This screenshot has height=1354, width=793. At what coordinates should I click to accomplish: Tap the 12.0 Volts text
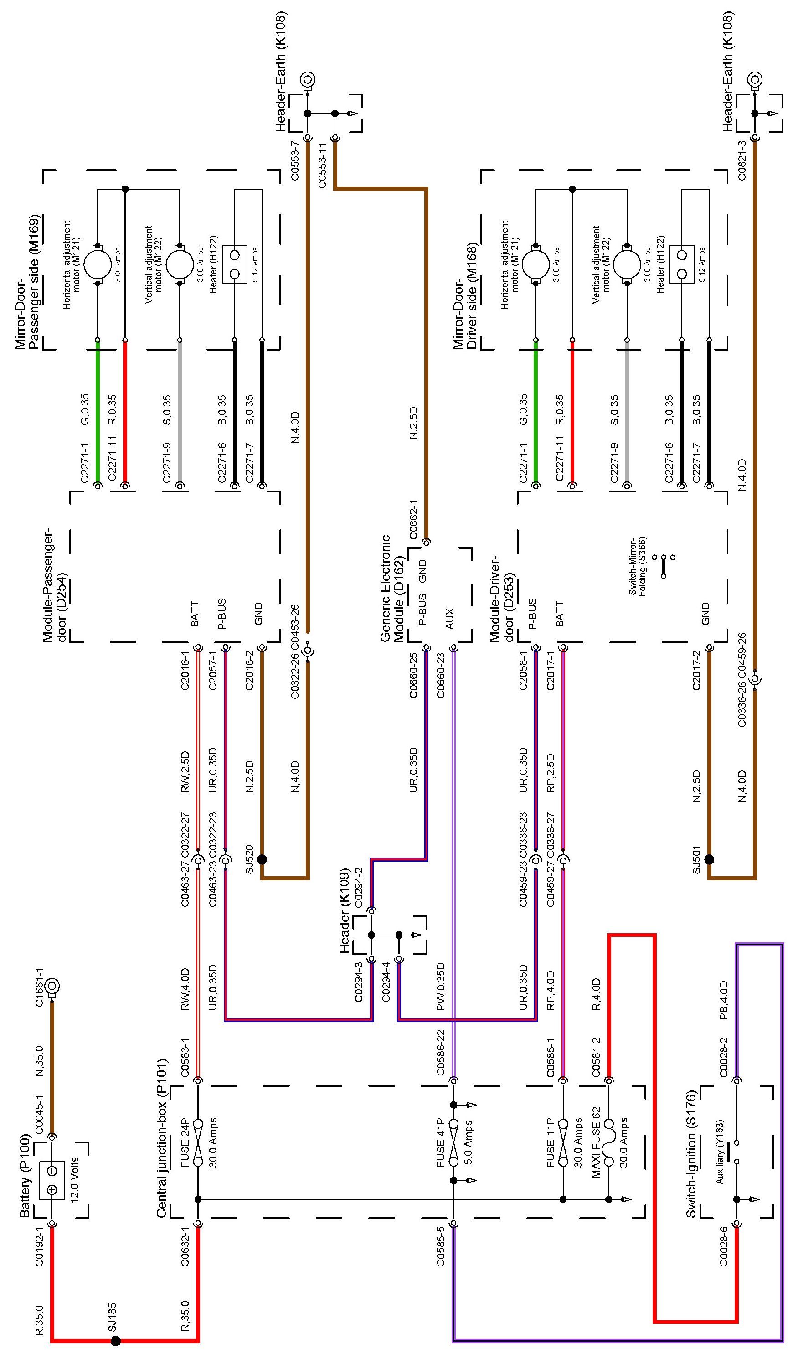pyautogui.click(x=75, y=1179)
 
